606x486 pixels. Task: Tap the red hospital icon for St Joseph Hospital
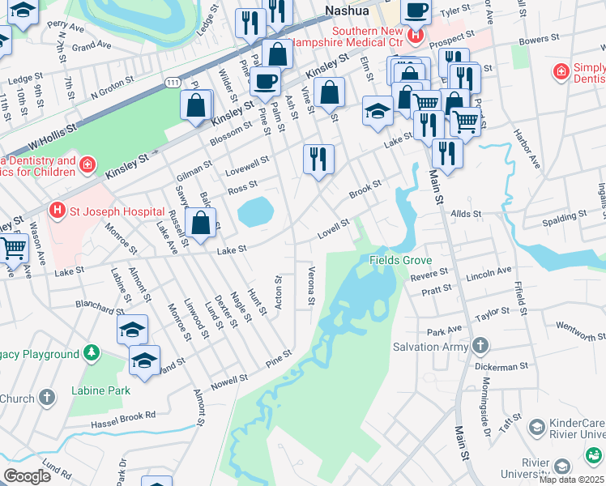[57, 211]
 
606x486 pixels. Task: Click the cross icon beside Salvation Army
[480, 347]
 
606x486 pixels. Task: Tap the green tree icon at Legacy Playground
[92, 353]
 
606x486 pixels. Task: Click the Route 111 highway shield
[172, 83]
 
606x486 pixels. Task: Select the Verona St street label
[310, 285]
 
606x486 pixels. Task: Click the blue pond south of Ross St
[255, 212]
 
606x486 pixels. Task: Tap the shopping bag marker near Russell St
[201, 222]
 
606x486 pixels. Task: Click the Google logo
[27, 476]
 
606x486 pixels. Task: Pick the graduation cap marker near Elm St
[377, 111]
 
